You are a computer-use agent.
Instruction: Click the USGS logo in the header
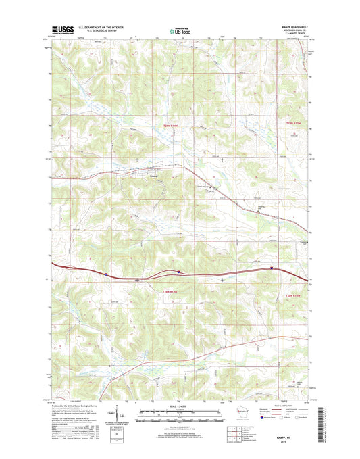click(61, 30)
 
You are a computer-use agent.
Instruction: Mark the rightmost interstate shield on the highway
click(272, 268)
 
